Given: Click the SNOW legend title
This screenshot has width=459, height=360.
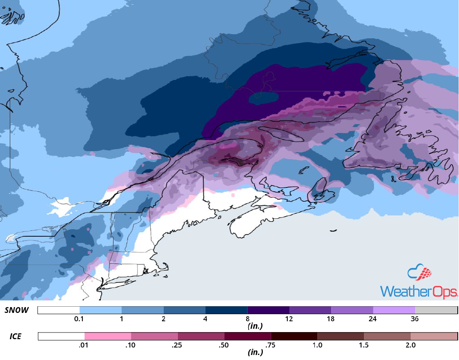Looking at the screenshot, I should [17, 310].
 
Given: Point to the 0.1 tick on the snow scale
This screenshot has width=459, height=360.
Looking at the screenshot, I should [80, 319].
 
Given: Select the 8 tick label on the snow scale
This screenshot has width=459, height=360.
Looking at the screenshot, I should [247, 319].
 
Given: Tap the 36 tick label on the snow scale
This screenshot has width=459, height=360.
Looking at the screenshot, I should [415, 319].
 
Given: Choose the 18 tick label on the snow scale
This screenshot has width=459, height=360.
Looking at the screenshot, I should [331, 319].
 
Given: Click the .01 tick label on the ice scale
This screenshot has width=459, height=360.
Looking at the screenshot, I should [85, 345].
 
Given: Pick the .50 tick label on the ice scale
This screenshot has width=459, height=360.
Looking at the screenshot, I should [224, 345].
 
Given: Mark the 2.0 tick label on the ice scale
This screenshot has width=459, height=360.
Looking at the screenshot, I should [410, 345].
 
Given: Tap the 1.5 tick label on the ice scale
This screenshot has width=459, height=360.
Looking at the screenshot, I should [364, 345].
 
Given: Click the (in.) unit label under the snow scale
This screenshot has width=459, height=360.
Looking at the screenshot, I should [254, 325].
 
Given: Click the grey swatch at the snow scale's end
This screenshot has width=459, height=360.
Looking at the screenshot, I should [436, 310].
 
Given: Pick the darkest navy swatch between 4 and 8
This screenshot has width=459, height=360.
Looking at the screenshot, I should [226, 310].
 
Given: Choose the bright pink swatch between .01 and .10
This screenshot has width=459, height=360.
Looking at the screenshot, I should [107, 336].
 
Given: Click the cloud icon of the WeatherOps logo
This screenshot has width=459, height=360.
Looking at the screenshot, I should [419, 273].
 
